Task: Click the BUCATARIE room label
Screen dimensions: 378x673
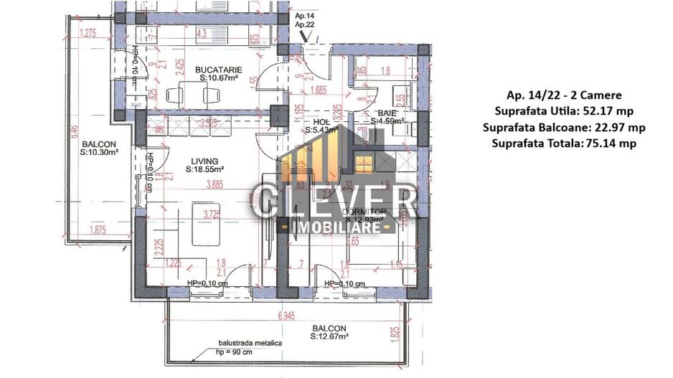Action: pos(218,70)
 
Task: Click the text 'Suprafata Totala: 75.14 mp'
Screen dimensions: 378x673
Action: pos(563,143)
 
